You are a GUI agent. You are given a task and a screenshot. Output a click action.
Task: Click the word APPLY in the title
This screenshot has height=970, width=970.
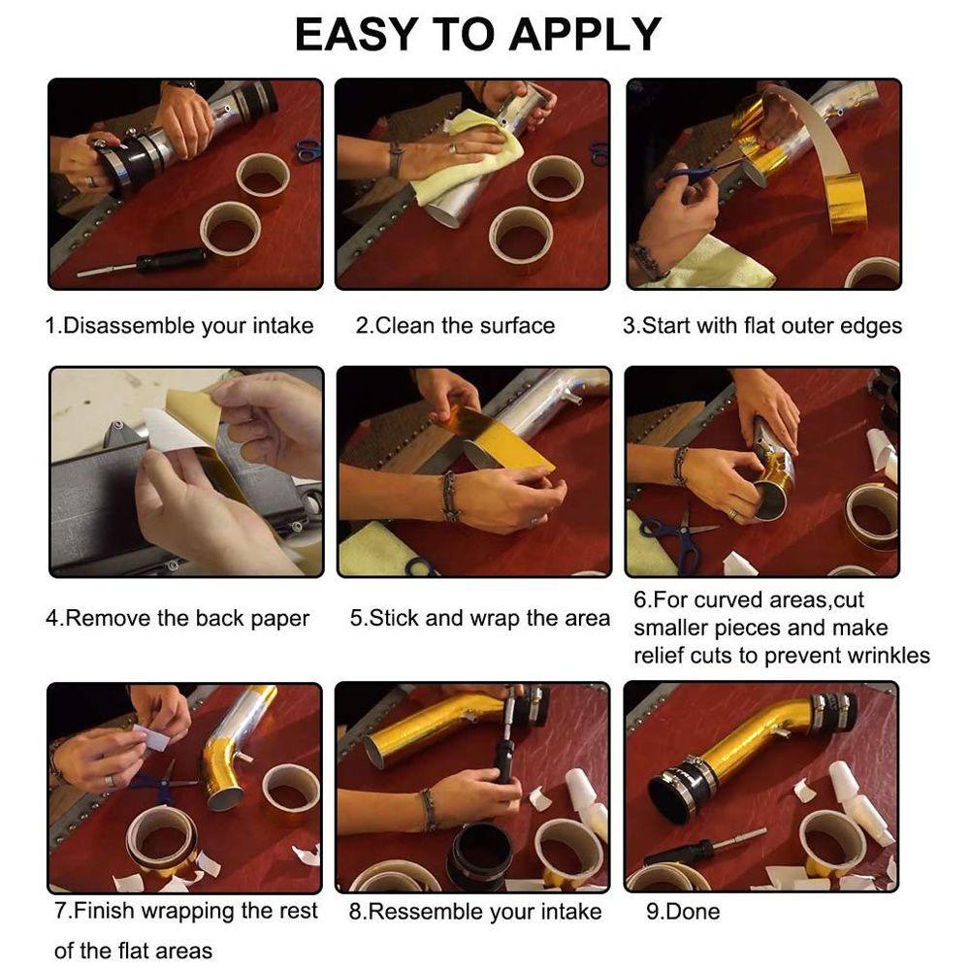585,35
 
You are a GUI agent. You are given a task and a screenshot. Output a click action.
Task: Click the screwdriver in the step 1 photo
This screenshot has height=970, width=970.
144,262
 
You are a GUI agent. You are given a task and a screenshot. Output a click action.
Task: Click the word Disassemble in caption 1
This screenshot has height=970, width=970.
129,325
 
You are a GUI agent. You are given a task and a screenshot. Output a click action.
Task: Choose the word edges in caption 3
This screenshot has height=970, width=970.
872,327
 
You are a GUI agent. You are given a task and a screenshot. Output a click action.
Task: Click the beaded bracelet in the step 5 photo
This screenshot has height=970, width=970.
449,495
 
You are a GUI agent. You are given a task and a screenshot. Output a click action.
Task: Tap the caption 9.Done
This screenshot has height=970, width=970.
683,912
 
